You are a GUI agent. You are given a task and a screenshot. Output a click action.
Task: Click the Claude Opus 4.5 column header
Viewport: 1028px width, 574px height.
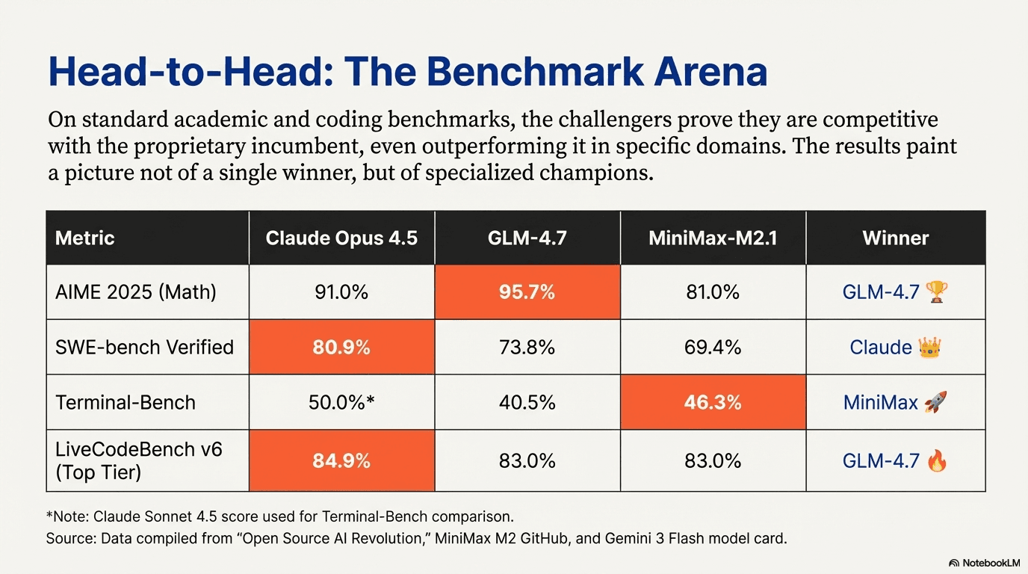(x=341, y=238)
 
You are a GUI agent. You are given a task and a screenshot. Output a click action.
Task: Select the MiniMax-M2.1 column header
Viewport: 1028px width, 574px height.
(x=713, y=238)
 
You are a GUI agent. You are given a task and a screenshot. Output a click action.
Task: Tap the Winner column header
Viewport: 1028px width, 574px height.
(x=895, y=238)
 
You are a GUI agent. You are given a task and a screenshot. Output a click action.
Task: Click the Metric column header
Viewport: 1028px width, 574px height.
(x=85, y=238)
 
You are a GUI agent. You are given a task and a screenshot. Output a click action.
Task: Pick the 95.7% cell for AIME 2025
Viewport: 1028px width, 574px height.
(x=527, y=292)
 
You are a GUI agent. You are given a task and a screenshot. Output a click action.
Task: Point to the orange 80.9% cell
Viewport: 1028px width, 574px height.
(x=341, y=348)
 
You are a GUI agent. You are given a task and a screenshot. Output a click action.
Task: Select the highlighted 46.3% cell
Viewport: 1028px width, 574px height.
(x=713, y=403)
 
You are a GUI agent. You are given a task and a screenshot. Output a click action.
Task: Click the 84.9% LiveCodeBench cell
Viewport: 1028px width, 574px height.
(x=341, y=461)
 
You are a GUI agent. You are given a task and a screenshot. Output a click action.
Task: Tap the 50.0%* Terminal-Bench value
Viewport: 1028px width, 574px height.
(x=341, y=403)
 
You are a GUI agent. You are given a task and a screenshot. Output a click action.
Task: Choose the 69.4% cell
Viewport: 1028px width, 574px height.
(x=713, y=348)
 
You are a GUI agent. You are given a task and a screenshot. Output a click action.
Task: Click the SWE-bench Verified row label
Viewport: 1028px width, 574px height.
(x=144, y=348)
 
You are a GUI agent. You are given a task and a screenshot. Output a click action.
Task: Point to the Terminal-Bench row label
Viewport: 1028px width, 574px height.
(x=126, y=403)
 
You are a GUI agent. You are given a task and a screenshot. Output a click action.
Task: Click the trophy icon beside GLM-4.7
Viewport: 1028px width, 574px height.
(x=936, y=291)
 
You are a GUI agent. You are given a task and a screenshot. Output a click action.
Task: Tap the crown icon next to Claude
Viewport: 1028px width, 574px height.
(x=930, y=347)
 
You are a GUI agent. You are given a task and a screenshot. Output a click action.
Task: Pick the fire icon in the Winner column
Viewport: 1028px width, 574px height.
(x=936, y=460)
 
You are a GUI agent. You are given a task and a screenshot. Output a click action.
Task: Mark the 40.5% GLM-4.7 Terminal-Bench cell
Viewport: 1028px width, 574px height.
(x=527, y=403)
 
